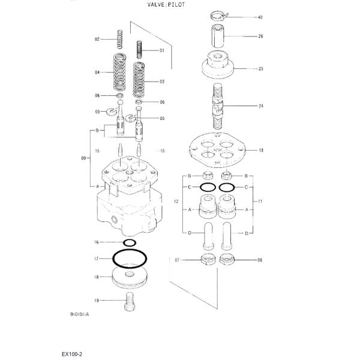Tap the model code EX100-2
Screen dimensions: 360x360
71,354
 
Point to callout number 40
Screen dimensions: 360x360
260,17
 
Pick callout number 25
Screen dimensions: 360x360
260,69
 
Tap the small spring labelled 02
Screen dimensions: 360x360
120,40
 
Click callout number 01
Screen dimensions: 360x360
161,51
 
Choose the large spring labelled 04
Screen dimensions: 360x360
120,73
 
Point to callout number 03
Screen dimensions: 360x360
161,81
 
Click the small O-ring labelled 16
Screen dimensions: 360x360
130,242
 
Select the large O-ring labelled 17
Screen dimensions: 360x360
129,259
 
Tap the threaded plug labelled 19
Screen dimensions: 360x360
128,302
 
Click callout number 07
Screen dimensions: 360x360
177,260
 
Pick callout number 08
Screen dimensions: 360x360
260,260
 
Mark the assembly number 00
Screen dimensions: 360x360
83,158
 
